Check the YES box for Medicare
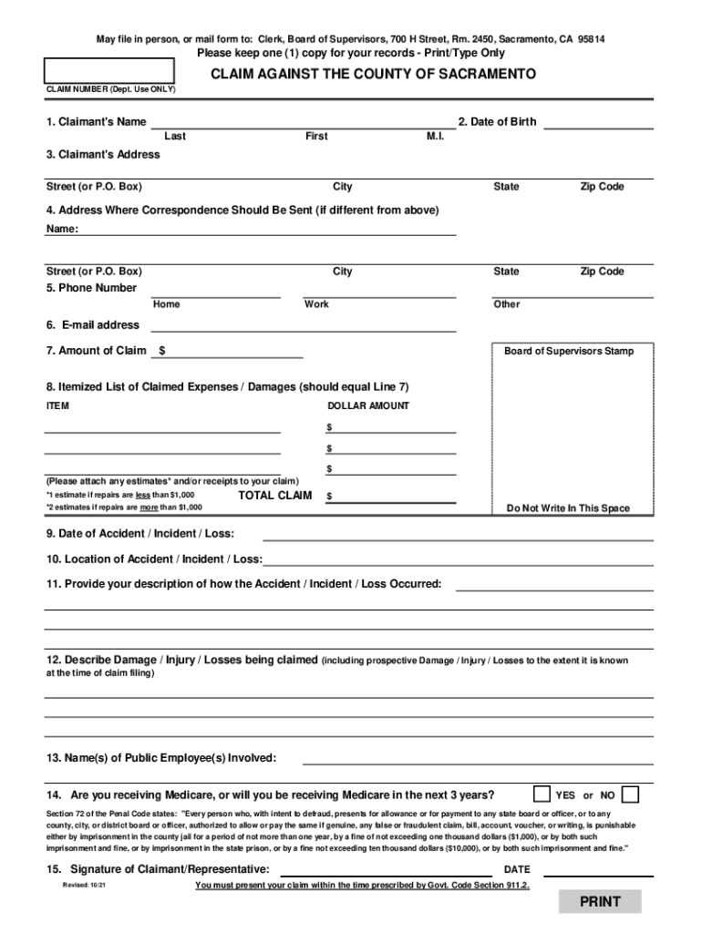[542, 794]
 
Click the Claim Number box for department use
[110, 70]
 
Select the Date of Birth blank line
[598, 123]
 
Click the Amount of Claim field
[233, 351]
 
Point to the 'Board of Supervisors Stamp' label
[568, 351]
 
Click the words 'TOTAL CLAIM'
[274, 496]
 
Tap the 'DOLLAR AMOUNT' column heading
[368, 405]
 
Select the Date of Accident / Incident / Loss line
[458, 533]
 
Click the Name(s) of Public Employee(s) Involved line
[478, 758]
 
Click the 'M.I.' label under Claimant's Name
[435, 136]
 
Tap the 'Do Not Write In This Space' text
[568, 508]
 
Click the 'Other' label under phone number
[507, 304]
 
